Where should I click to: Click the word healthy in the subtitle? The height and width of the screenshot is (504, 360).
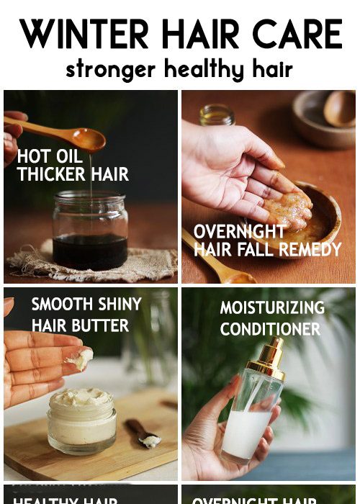202,70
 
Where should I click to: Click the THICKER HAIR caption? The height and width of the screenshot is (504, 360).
73,174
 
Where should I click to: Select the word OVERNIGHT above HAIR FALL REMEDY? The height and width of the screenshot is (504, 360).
240,232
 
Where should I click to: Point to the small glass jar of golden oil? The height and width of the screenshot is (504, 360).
217,115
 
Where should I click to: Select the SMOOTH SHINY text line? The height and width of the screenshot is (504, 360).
86,305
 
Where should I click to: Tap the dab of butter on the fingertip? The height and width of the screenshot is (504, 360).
79,358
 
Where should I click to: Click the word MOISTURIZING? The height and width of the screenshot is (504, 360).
272,308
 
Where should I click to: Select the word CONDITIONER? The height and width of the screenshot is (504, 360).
270,329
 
